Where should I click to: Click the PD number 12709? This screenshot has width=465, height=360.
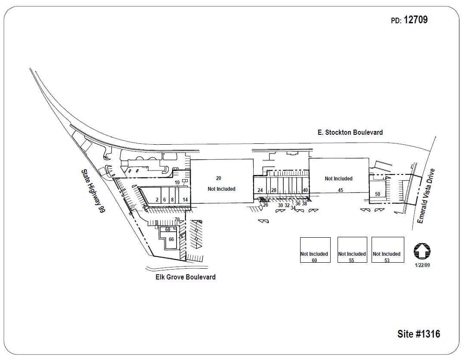point(415,20)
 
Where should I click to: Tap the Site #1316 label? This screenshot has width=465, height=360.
point(418,334)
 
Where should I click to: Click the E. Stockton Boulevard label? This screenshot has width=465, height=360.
point(350,132)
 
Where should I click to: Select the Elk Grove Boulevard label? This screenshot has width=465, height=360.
point(186,277)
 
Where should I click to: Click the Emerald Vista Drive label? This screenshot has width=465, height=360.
point(427,196)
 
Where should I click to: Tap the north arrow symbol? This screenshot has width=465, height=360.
point(422,251)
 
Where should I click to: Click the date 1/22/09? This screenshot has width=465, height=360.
point(422,265)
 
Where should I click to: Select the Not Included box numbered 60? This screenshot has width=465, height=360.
point(315,250)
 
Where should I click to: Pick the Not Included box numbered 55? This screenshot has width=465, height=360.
point(352,250)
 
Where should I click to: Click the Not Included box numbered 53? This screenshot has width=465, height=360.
point(387,250)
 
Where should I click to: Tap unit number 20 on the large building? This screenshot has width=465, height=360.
point(219,178)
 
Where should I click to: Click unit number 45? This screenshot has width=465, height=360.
point(340,190)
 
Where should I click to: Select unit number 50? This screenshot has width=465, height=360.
point(377,194)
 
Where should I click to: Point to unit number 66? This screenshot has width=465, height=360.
point(171,239)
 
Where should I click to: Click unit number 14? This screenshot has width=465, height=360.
point(185,200)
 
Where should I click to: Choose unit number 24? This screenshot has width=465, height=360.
point(260,190)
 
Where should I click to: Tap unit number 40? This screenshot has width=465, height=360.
point(305,190)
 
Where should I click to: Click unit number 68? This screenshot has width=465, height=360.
point(168,230)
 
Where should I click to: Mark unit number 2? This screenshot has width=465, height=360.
point(157,200)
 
